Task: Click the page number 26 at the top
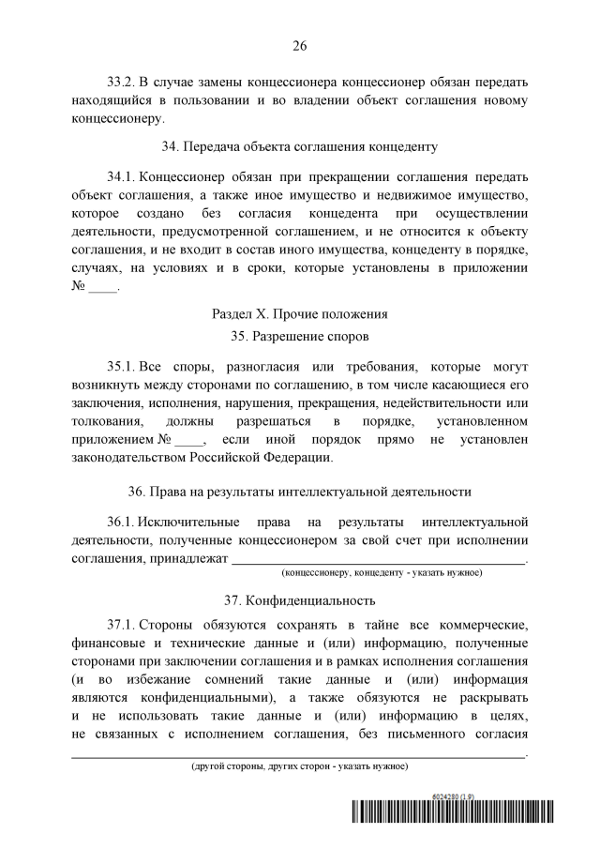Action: pyautogui.click(x=300, y=44)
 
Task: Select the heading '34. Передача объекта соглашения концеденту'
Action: pyautogui.click(x=300, y=146)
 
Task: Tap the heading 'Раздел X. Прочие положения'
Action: pyautogui.click(x=300, y=313)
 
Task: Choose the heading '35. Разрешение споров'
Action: pyautogui.click(x=300, y=335)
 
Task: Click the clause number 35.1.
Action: pyautogui.click(x=123, y=364)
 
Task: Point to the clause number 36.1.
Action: pyautogui.click(x=123, y=521)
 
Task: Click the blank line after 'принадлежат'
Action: pyautogui.click(x=379, y=560)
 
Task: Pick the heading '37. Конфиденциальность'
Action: pyautogui.click(x=300, y=600)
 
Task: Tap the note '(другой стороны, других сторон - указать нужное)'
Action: pyautogui.click(x=300, y=766)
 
